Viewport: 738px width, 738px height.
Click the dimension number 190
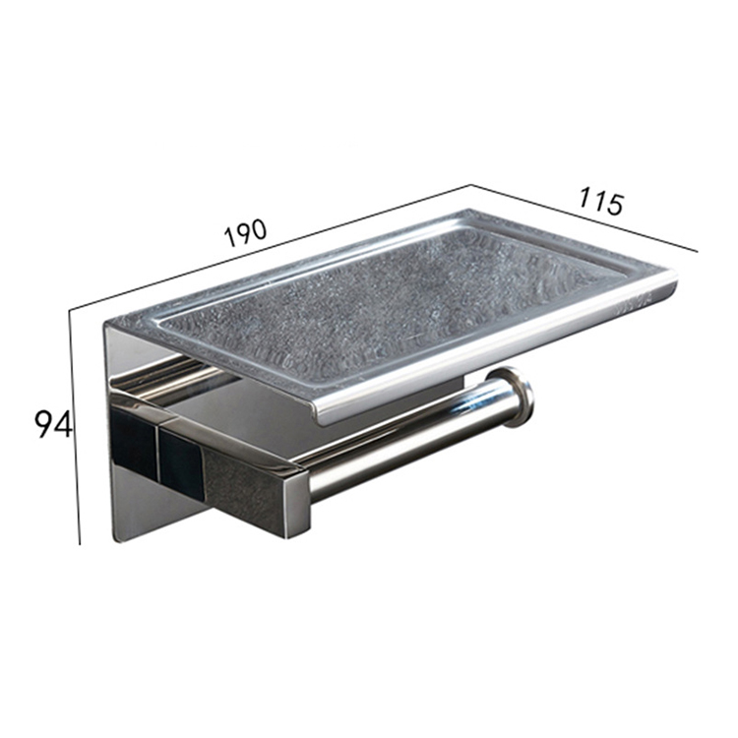click(245, 233)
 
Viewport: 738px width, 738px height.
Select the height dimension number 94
click(52, 424)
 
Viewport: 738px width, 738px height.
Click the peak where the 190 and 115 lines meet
click(470, 186)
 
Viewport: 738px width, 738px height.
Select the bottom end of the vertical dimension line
click(80, 542)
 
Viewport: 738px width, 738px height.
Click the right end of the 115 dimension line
click(696, 250)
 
